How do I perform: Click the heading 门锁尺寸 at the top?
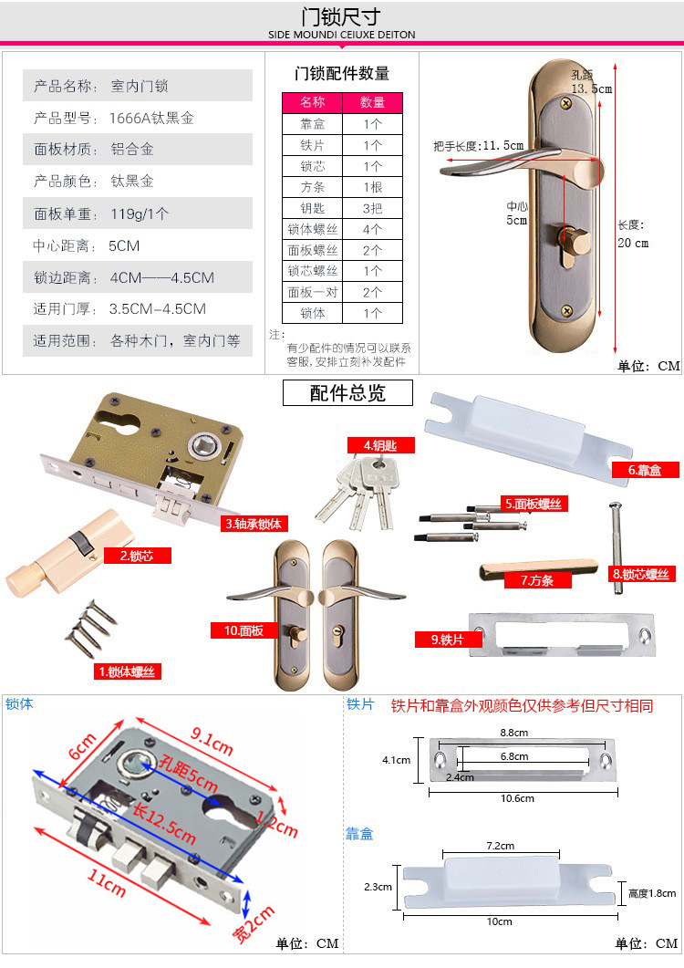tap(341, 16)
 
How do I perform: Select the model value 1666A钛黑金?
tap(151, 118)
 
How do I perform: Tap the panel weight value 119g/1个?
tap(140, 213)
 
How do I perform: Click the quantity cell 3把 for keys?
tap(372, 208)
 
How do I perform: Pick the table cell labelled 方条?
tap(313, 187)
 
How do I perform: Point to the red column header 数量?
tap(372, 102)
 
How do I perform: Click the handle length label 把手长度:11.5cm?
tap(479, 146)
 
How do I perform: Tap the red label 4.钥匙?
tap(380, 445)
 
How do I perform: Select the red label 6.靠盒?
tap(645, 470)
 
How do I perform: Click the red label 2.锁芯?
tap(137, 556)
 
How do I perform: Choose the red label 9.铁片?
tap(448, 640)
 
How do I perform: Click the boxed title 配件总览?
tap(347, 392)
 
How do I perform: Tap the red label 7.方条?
tap(537, 580)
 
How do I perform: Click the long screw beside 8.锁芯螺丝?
tap(617, 547)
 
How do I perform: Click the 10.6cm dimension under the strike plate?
tap(517, 798)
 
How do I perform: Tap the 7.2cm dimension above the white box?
tap(500, 846)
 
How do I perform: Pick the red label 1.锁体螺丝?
tap(127, 671)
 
